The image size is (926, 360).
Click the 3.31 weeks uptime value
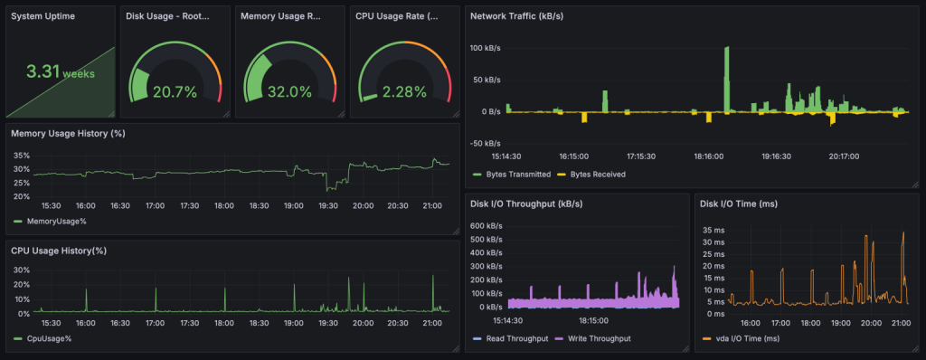pos(60,72)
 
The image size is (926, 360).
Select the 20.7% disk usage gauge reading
pos(175,91)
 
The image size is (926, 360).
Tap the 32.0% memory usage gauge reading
pos(289,91)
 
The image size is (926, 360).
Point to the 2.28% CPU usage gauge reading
pos(403,91)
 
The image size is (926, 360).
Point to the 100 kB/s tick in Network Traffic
pos(486,48)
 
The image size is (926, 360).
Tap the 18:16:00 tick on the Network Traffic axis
pos(710,156)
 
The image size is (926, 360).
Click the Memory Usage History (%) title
pos(67,134)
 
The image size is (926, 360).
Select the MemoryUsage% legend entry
pos(57,220)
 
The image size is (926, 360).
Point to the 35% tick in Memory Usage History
pos(21,156)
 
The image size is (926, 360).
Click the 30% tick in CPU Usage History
pos(21,270)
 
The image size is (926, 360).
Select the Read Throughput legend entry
pos(515,338)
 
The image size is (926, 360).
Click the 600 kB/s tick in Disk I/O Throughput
pos(486,226)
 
